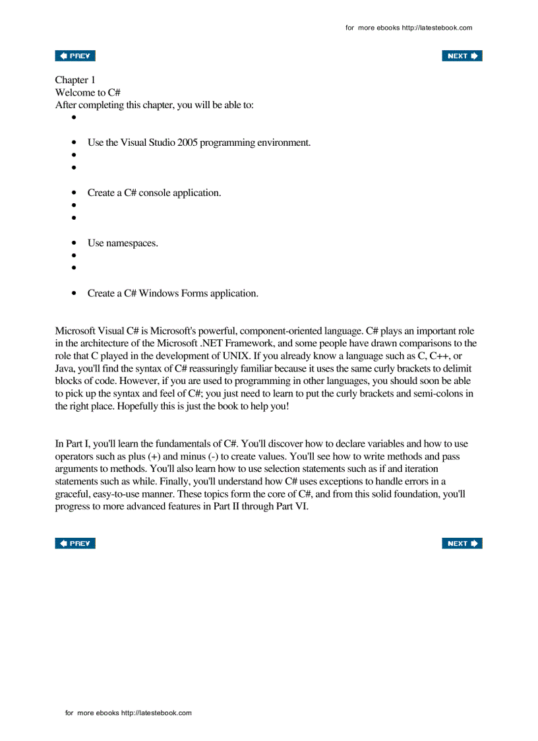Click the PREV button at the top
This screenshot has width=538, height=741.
75,56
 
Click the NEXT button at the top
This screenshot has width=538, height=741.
462,56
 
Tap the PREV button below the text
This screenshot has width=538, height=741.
75,543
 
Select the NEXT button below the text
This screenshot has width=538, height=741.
462,543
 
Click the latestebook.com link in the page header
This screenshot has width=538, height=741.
437,28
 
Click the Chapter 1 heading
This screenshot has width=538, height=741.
75,80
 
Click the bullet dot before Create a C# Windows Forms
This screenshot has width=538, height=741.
75,294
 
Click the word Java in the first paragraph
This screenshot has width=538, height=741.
65,368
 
